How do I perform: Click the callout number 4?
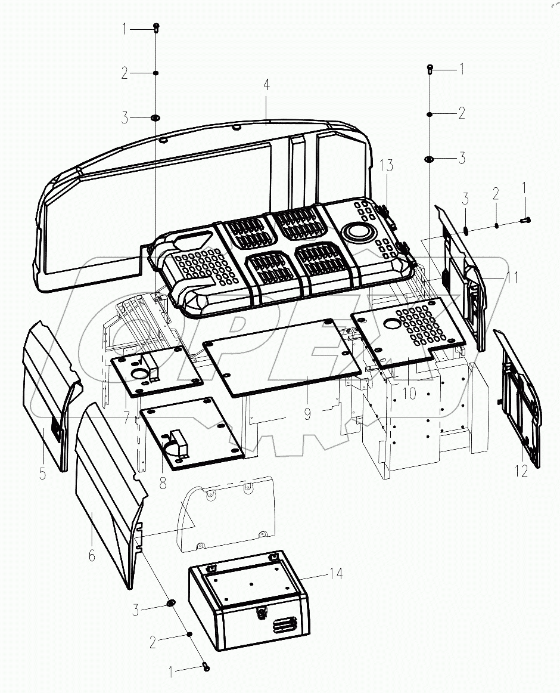(267, 85)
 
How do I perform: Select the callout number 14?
(337, 574)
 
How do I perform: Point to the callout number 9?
(307, 413)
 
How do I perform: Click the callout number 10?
(409, 394)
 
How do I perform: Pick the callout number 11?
(512, 277)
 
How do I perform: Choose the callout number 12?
(521, 471)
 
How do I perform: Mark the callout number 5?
(42, 475)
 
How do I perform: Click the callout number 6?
(91, 556)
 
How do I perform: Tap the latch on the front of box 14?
(260, 612)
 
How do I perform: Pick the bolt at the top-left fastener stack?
(156, 27)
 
